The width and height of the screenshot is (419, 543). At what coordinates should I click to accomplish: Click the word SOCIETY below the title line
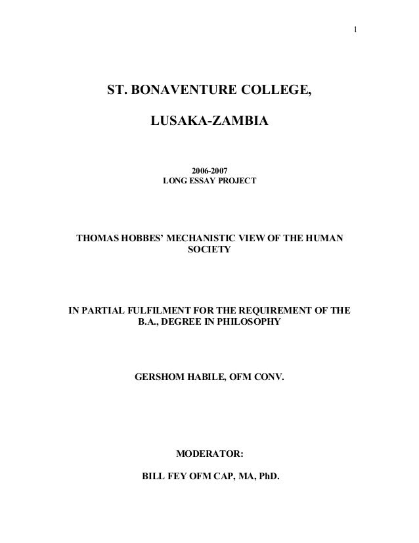click(209, 250)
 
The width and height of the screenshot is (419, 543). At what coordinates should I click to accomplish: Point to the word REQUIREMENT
click(274, 310)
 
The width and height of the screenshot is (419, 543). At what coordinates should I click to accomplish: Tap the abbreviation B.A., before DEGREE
click(152, 322)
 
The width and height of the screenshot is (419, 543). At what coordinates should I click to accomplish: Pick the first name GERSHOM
click(160, 378)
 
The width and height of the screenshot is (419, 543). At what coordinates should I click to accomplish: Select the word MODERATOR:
click(210, 454)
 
